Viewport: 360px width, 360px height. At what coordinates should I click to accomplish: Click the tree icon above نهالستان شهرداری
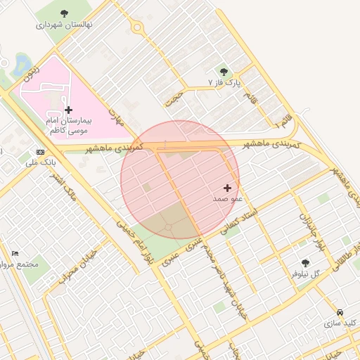coord(65,13)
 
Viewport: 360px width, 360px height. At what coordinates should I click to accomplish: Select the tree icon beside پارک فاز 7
coord(224,71)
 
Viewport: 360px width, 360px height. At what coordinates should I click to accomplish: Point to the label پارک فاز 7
coord(224,82)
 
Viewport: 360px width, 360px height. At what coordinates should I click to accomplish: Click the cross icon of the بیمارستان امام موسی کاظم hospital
coord(68,110)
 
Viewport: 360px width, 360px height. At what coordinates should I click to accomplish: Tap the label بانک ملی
coord(40,162)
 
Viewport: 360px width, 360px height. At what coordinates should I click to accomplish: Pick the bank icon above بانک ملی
coord(40,151)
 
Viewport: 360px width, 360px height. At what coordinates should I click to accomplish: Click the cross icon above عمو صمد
coord(227,188)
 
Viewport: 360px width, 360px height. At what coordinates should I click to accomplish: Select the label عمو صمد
coord(227,199)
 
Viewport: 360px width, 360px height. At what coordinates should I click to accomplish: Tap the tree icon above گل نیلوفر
coord(304,262)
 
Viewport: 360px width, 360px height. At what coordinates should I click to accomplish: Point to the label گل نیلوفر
coord(305,273)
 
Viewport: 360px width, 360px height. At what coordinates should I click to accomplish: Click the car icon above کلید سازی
coord(340,312)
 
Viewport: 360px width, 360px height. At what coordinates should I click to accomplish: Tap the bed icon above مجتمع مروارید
coord(15,253)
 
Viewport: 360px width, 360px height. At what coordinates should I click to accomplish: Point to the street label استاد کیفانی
coord(239,221)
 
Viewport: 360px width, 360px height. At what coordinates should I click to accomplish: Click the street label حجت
coord(174,98)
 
